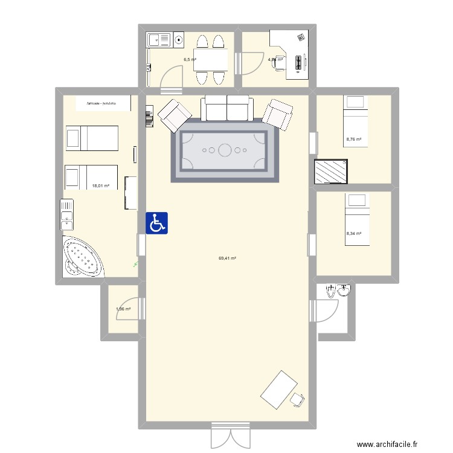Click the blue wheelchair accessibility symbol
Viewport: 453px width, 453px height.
157,223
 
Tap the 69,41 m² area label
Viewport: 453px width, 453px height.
227,259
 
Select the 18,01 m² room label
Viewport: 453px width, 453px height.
101,186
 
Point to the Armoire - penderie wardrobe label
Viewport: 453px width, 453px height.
100,104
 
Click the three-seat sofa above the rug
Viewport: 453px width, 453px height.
226,108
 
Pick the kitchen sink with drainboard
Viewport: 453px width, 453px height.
159,40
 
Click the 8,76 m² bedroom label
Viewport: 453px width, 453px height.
353,140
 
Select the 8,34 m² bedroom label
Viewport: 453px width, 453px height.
353,233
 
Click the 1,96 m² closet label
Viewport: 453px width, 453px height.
123,309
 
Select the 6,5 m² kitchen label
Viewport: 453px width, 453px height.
190,60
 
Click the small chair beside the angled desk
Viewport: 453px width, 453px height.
296,399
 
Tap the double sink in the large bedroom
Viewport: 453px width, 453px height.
66,215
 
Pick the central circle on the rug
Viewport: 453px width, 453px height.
225,149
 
